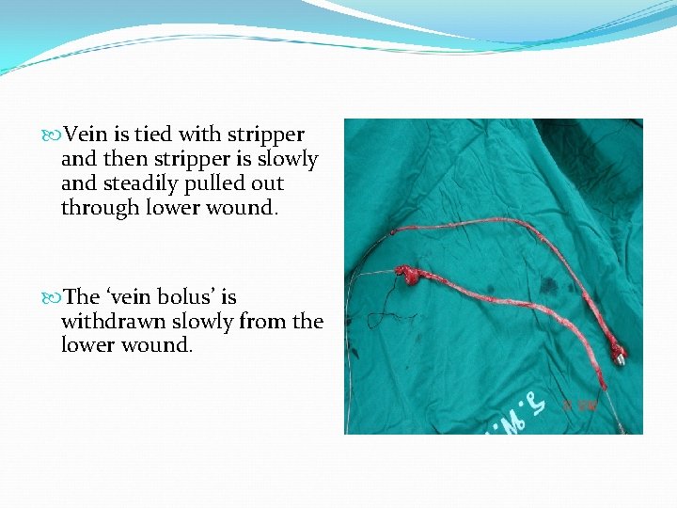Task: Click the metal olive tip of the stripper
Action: (x=620, y=356)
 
